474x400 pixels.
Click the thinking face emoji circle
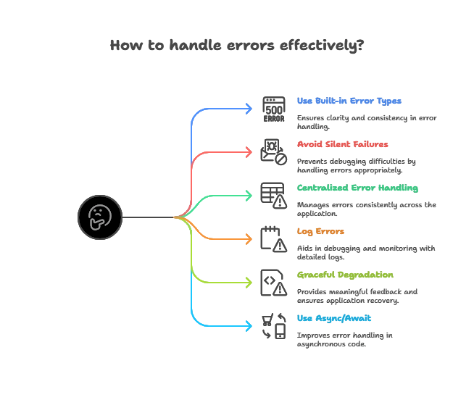tap(99, 217)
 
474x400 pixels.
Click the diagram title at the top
tap(236, 45)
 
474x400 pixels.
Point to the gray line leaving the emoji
tap(149, 217)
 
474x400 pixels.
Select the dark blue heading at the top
tap(350, 100)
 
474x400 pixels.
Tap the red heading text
tap(341, 144)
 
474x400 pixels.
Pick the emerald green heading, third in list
tap(358, 188)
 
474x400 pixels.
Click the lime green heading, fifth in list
tap(345, 275)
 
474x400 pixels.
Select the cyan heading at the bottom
tap(334, 319)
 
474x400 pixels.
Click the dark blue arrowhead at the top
tap(250, 109)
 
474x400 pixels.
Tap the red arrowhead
tap(250, 152)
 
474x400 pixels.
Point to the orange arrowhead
tap(250, 239)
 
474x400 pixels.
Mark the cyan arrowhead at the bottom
tap(250, 326)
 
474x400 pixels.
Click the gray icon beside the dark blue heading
tap(274, 107)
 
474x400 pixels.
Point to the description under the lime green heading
tap(358, 294)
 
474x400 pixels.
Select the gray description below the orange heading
tap(367, 251)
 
